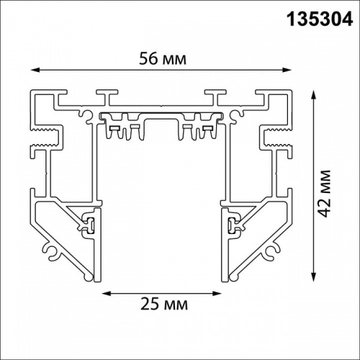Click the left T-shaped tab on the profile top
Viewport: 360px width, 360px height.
coord(107,94)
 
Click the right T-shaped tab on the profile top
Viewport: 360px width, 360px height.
coord(214,94)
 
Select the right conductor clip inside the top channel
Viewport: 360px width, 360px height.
coord(203,127)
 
